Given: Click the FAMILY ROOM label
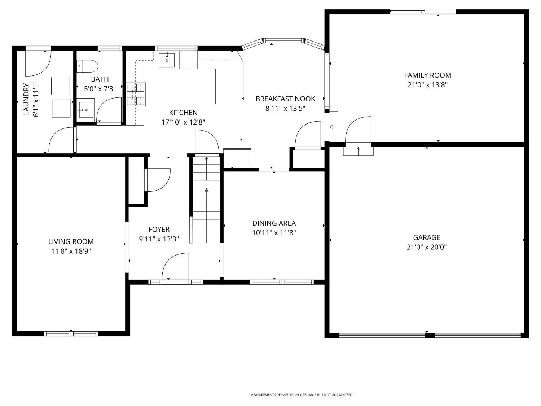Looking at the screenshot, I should coord(427,75).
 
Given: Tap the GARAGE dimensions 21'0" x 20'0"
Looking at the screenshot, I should coord(427,247).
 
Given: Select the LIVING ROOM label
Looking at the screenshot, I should coord(71,241).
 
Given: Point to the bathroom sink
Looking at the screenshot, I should coord(86,109).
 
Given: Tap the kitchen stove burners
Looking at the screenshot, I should coord(136,95).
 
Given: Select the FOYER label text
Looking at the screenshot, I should coord(159,229).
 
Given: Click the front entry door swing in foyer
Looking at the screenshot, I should coord(175,267).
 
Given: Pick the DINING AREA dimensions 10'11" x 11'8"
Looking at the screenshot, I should coord(274,233).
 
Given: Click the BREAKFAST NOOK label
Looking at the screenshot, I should coord(285,99).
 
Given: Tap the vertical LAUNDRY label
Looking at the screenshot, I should coord(26,99).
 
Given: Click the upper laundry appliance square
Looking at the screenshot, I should coord(61,86).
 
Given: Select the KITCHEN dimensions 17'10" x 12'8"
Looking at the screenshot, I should coord(183,122).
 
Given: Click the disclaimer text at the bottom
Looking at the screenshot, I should coord(302,395).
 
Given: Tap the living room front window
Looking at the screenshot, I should coord(71,333).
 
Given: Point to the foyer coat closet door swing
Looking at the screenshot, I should coord(158,180).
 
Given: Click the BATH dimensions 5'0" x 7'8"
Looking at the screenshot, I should coord(100,89).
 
